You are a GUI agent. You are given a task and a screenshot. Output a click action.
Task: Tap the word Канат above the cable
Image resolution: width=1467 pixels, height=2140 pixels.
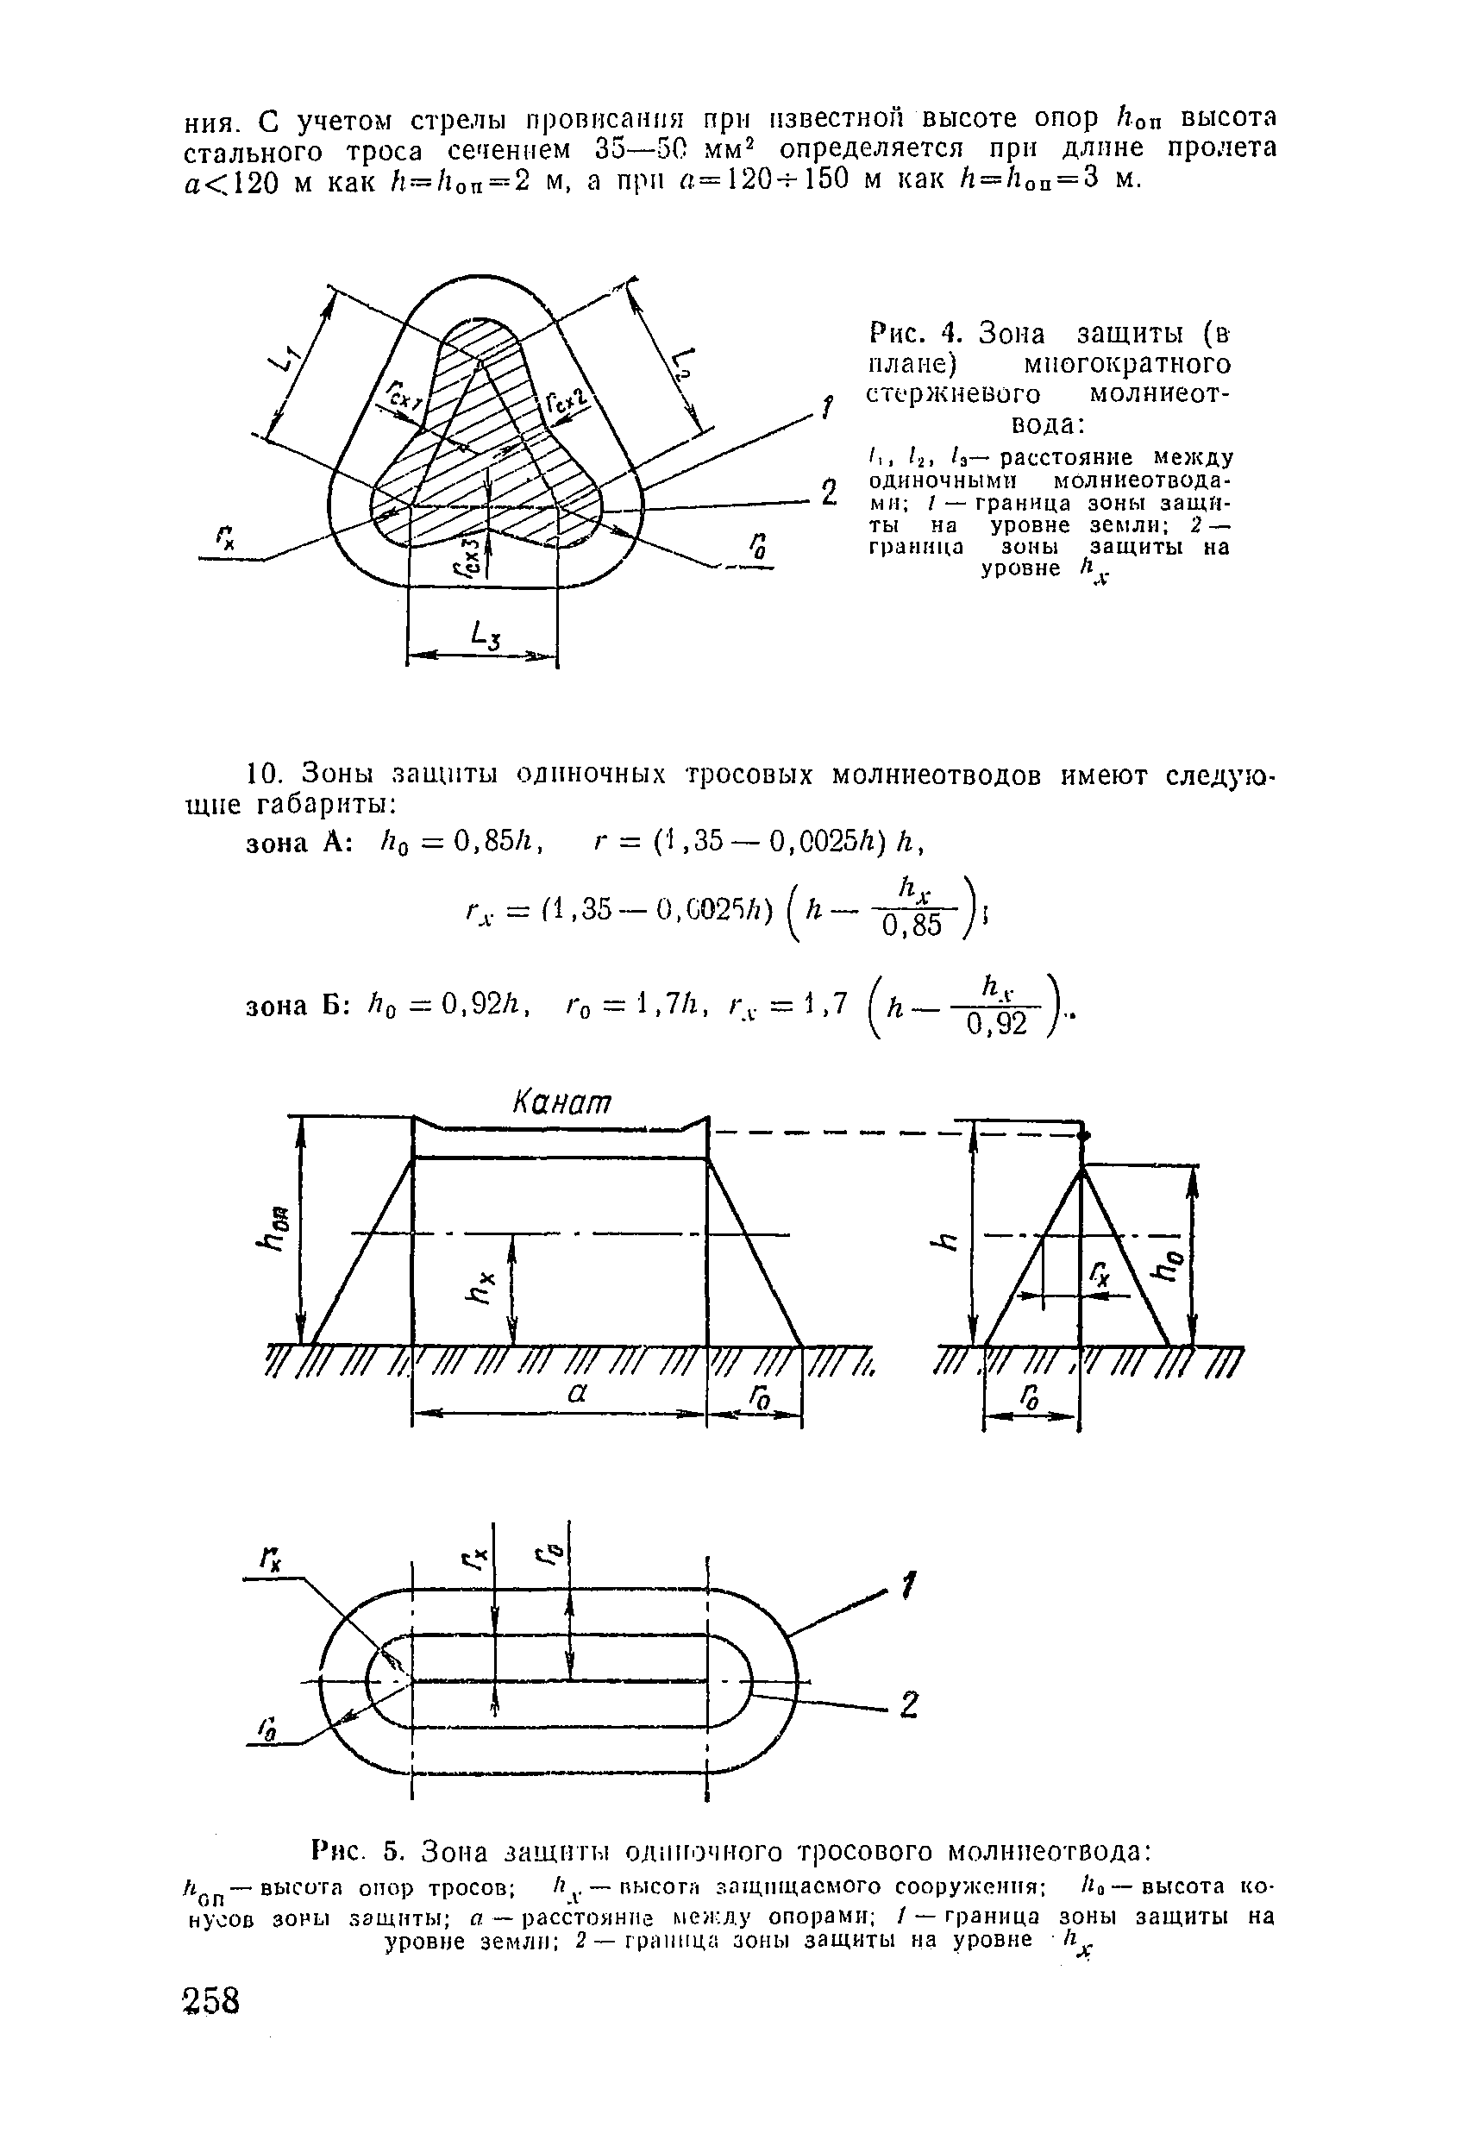[x=561, y=1102]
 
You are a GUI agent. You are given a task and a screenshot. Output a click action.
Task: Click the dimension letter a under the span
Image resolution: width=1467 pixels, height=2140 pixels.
[x=576, y=1394]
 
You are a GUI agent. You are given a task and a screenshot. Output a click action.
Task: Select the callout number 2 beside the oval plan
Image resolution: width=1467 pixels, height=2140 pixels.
[x=908, y=1705]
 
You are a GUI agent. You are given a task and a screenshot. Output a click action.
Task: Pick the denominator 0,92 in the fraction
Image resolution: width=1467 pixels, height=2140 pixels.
[x=995, y=1024]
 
